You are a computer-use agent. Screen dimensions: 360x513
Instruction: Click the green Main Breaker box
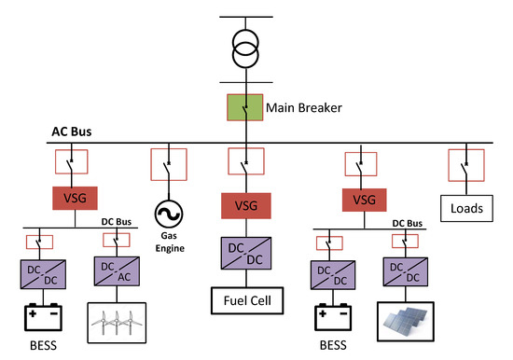245,108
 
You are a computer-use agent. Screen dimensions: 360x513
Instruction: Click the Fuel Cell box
245,304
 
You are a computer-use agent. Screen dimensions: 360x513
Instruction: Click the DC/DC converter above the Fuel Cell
245,254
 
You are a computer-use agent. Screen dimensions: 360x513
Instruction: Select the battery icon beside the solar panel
330,320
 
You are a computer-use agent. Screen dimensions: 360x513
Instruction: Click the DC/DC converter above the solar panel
399,270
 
